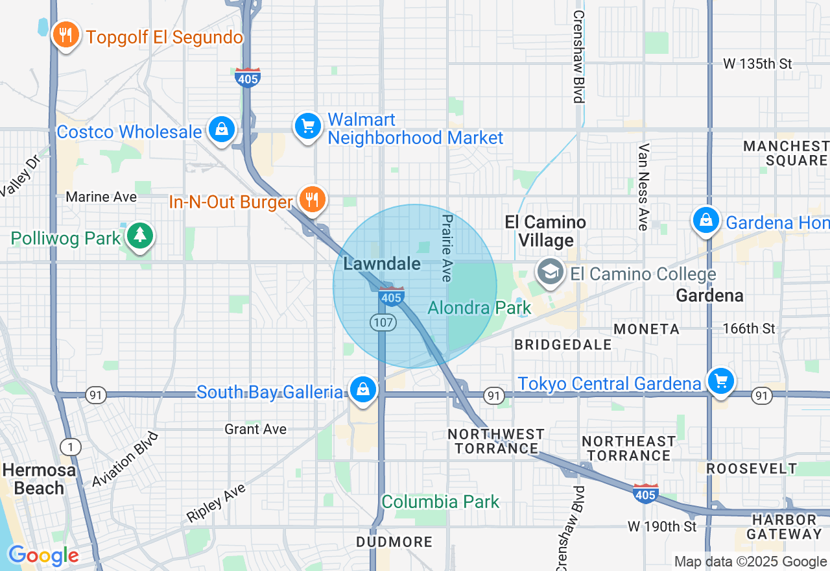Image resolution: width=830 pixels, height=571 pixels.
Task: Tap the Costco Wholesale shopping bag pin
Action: point(222,130)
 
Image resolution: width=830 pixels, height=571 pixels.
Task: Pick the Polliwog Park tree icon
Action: point(139,236)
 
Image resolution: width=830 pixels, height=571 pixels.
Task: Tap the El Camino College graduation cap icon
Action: point(551,273)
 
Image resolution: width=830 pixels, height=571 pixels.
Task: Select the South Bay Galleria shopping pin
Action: point(363,390)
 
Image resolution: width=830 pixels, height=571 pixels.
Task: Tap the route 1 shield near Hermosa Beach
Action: point(71,447)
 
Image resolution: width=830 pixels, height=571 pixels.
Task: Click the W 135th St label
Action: point(758,64)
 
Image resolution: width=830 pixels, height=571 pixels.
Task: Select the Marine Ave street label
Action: point(102,197)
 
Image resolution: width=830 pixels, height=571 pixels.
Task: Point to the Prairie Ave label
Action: point(446,248)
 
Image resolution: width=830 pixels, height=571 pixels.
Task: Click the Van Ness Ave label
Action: point(643,187)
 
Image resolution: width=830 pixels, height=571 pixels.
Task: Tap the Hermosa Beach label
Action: point(39,479)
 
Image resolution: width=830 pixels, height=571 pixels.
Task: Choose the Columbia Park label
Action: point(440,502)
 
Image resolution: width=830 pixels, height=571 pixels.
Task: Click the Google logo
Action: point(43,556)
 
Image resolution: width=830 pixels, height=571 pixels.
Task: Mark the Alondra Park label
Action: point(479,308)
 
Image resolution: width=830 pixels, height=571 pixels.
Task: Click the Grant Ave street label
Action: point(255,429)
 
